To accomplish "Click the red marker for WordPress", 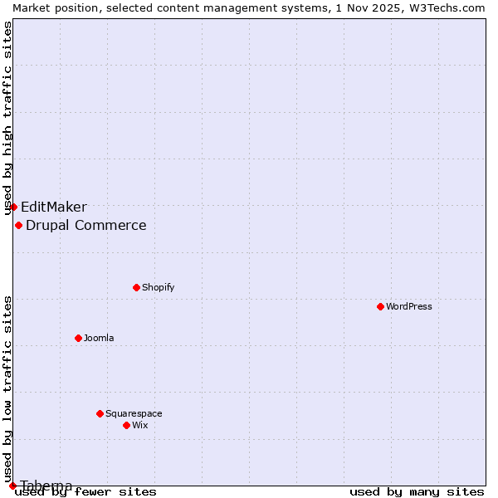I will pyautogui.click(x=380, y=306).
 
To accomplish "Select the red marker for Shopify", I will pyautogui.click(x=136, y=287).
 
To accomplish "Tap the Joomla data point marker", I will pyautogui.click(x=78, y=338).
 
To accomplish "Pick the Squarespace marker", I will pyautogui.click(x=100, y=413).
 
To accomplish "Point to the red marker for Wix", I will pyautogui.click(x=126, y=425).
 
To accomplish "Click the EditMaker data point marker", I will pyautogui.click(x=13, y=207).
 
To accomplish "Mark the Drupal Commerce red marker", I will pyautogui.click(x=18, y=225).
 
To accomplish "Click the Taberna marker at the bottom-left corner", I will pyautogui.click(x=12, y=486).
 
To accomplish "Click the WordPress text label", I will pyautogui.click(x=409, y=306).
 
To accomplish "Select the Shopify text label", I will pyautogui.click(x=158, y=287).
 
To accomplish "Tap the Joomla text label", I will pyautogui.click(x=99, y=338).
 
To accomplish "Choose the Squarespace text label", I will pyautogui.click(x=134, y=413).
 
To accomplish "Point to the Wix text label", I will pyautogui.click(x=139, y=425).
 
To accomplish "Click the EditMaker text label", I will pyautogui.click(x=54, y=207).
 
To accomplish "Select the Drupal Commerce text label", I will pyautogui.click(x=86, y=226).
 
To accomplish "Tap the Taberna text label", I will pyautogui.click(x=46, y=486).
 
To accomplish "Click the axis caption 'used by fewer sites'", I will pyautogui.click(x=86, y=492).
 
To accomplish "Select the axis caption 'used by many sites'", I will pyautogui.click(x=417, y=492).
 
